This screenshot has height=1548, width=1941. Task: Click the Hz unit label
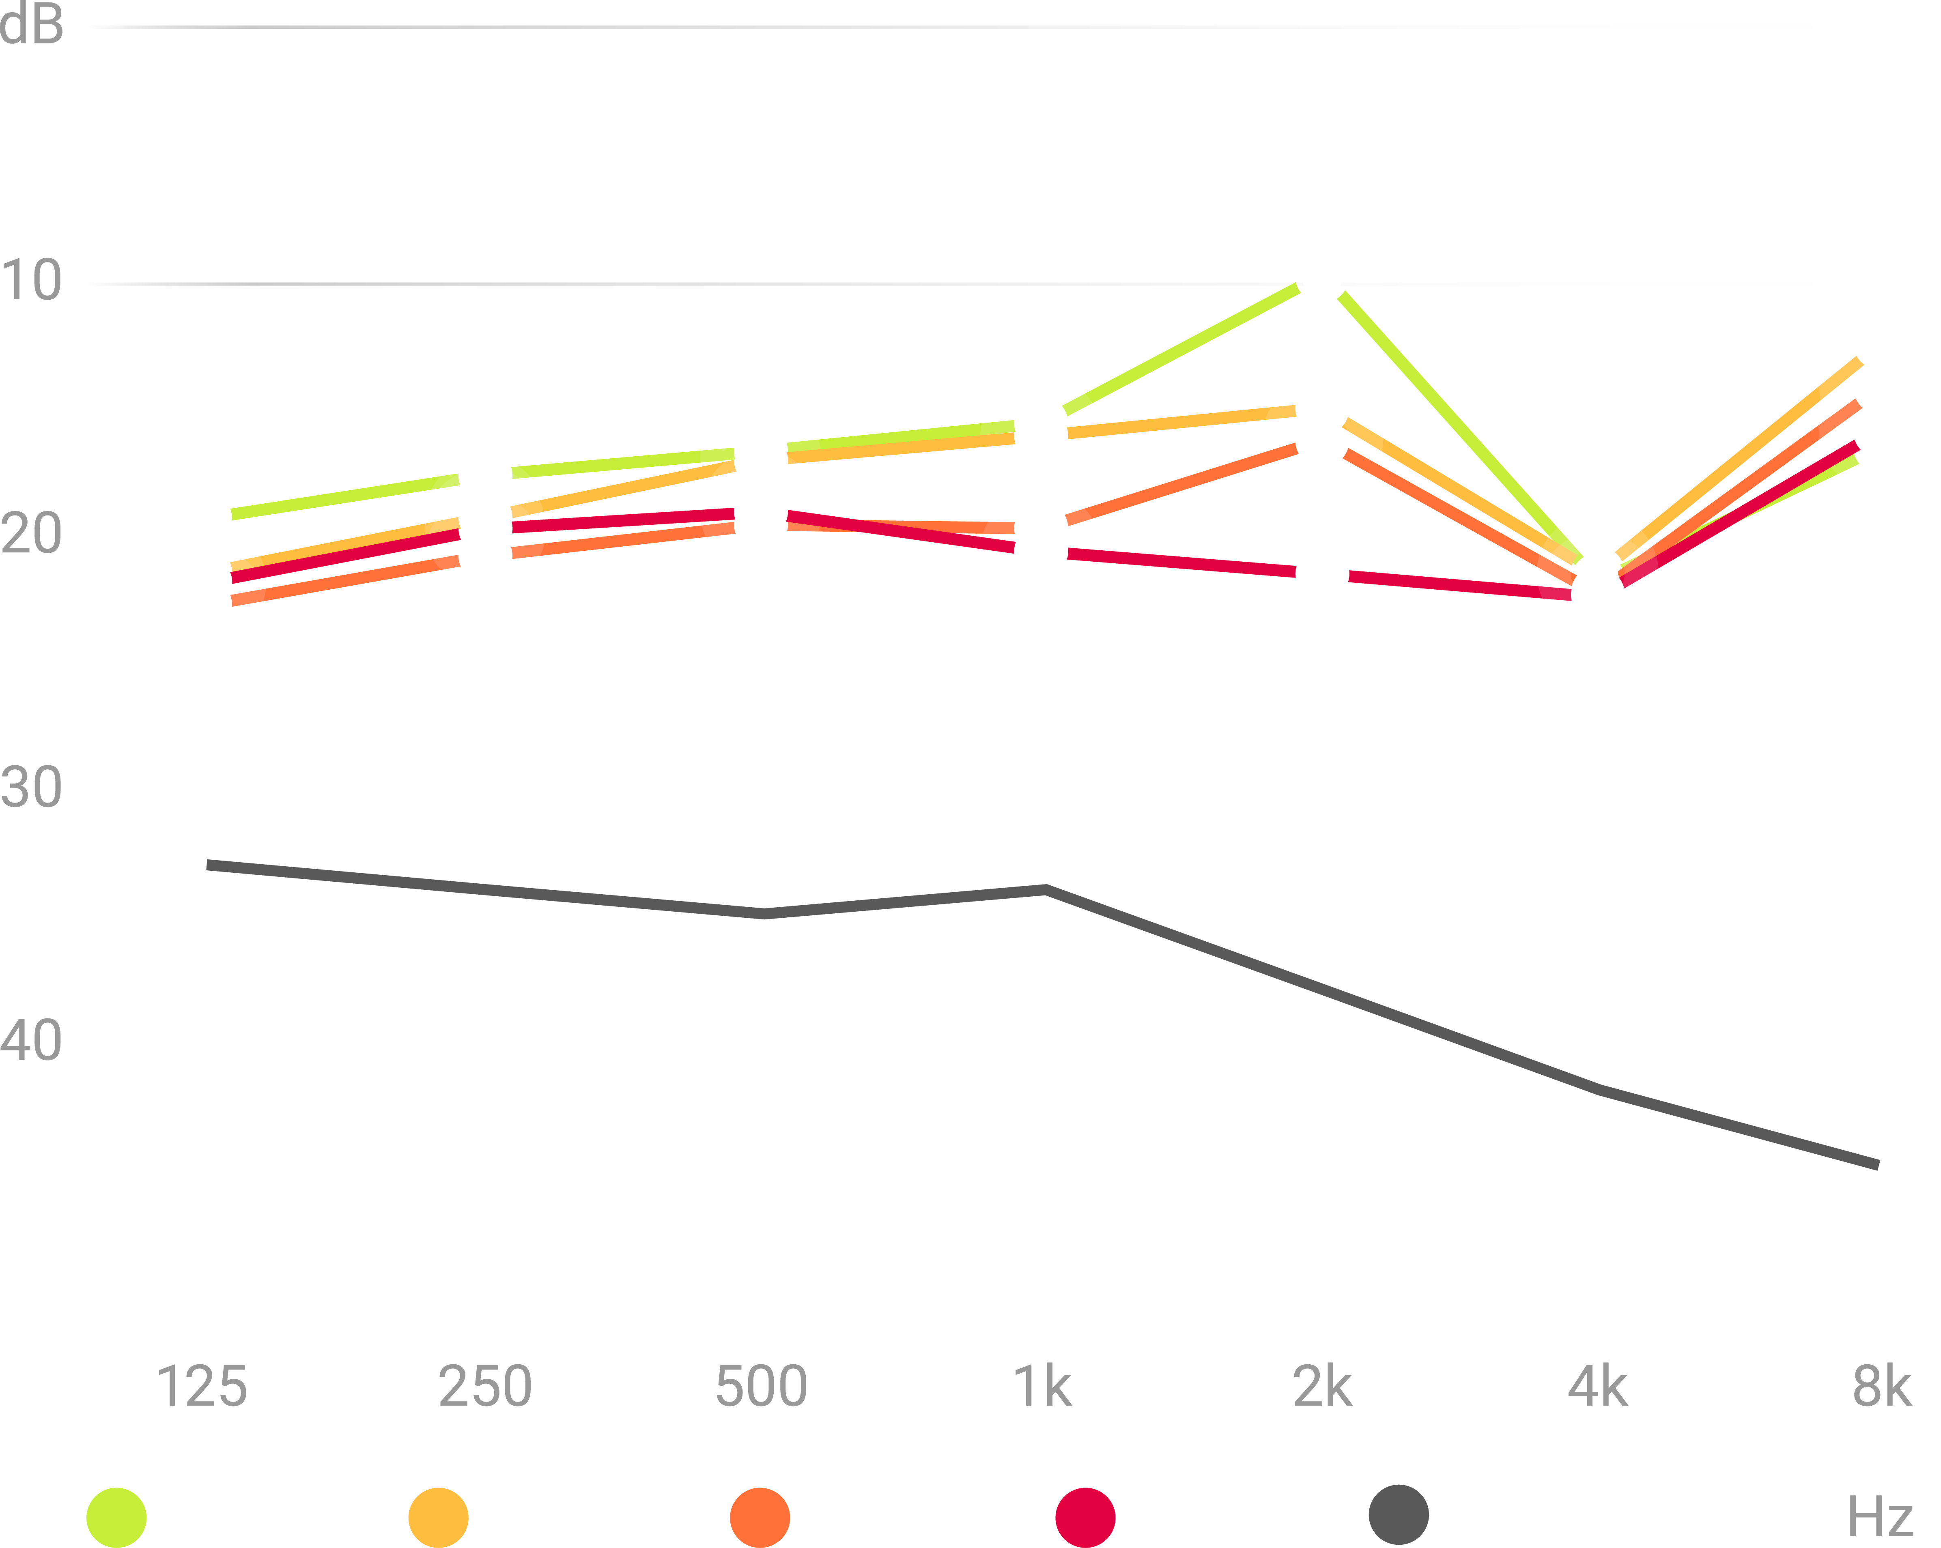[x=1880, y=1518]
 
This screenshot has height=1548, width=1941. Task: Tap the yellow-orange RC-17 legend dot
[x=439, y=1518]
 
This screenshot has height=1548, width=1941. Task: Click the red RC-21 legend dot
[x=1086, y=1518]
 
